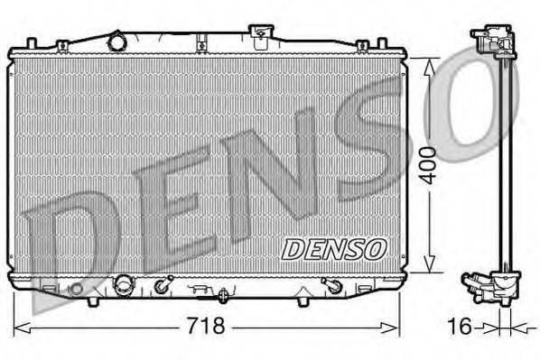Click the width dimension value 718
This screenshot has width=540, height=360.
(x=207, y=325)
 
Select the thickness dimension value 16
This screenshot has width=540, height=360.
(x=461, y=326)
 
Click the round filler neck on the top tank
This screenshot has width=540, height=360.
(x=116, y=42)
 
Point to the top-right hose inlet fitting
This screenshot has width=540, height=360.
(x=261, y=37)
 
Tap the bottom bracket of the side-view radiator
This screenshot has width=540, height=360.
(x=487, y=286)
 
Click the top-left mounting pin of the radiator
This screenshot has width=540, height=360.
(x=33, y=43)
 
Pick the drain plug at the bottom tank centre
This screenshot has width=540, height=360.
(x=222, y=293)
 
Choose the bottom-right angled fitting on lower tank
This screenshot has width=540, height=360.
(x=331, y=286)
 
